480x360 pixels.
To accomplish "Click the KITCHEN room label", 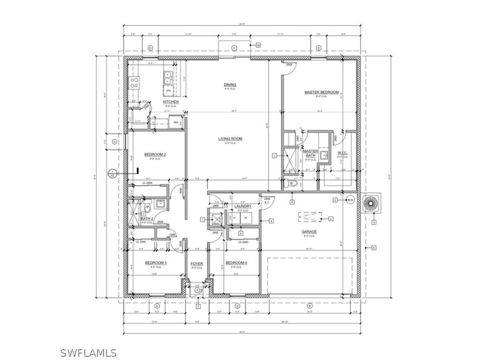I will coord(171,102).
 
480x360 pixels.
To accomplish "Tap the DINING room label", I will coord(230,85).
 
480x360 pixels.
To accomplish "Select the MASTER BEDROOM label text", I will coord(321,92).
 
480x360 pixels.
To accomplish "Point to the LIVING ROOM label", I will coord(230,139).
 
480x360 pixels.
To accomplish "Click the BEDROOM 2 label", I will coord(155,155).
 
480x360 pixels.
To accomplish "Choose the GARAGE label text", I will coord(309,232).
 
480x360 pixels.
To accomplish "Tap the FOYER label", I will coord(197,264).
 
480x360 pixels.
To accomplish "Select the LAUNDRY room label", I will coord(243,206).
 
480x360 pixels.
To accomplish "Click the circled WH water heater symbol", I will coord(349,200).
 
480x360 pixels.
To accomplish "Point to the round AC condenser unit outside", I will coord(374,201).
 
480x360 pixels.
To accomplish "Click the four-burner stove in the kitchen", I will coord(135,83).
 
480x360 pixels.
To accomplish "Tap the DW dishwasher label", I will coord(168,90).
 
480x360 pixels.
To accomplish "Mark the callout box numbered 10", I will coord(258,45).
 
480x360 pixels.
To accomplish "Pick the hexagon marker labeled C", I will coord(234,48).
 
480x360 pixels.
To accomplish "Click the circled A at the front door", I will coord(197,291).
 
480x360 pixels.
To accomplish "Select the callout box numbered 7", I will coord(202,219).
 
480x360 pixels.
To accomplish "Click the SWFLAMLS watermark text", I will coord(89,352).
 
